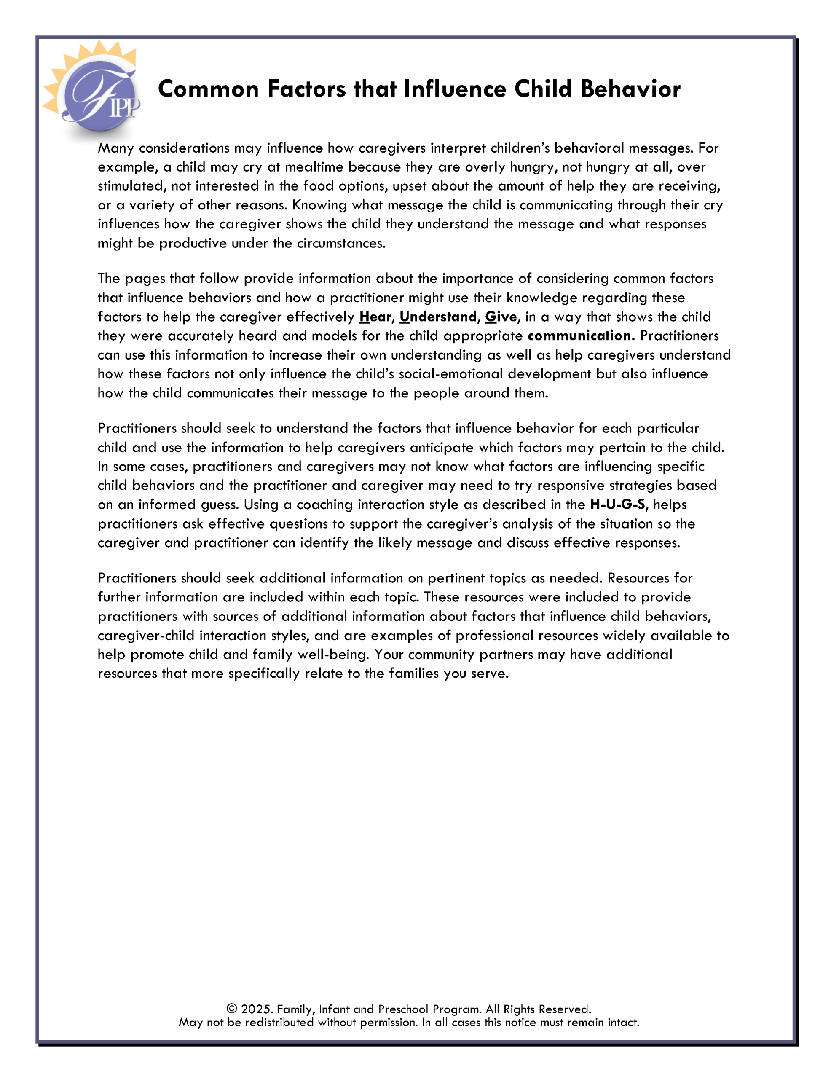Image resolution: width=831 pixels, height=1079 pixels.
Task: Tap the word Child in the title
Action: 542,89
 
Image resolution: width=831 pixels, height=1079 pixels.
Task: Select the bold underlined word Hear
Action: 375,317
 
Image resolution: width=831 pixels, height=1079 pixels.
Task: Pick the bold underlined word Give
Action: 501,317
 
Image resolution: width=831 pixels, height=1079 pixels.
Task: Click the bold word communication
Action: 579,336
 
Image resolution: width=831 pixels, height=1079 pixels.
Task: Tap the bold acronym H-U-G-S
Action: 617,505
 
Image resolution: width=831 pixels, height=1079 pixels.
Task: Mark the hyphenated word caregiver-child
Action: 146,635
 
